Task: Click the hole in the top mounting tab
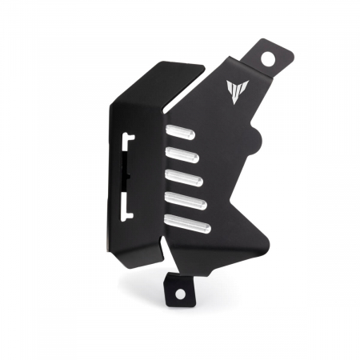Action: (x=268, y=57)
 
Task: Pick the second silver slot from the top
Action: (x=182, y=155)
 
